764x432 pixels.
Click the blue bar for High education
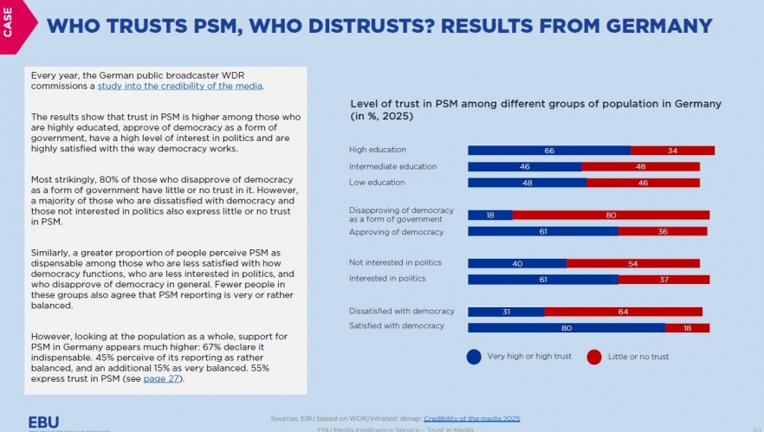point(548,151)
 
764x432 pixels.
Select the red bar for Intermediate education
point(640,166)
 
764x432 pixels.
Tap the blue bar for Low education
point(527,183)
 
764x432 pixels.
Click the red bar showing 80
point(611,215)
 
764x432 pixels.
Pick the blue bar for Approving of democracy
point(542,231)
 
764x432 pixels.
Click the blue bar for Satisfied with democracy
point(566,327)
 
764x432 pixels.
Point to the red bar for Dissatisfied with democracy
point(623,312)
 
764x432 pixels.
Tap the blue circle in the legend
point(474,356)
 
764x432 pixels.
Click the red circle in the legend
point(593,356)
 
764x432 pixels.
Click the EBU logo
point(44,422)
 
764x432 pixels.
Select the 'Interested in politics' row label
point(387,279)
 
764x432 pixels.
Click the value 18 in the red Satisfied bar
point(687,327)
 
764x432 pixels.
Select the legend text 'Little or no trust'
point(639,356)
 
